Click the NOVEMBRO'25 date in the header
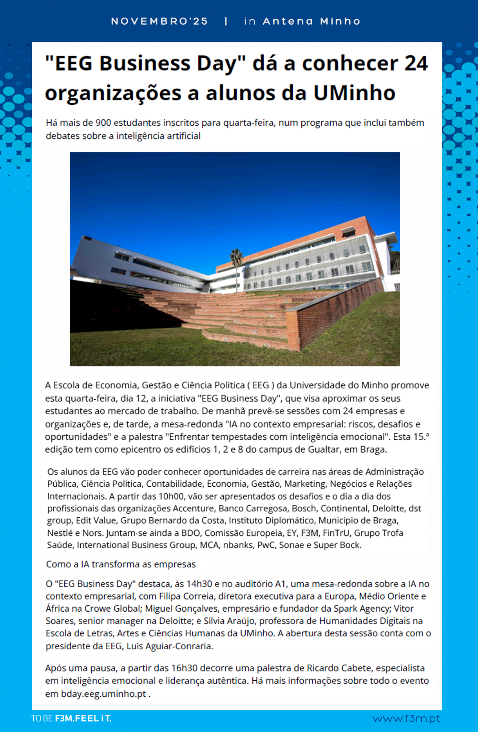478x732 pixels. pos(159,21)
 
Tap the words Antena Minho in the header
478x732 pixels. pos(311,21)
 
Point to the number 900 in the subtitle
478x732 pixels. pos(103,123)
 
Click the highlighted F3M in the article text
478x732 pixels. pos(310,533)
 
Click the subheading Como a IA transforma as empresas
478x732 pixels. pos(121,564)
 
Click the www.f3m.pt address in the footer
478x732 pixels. pos(406,719)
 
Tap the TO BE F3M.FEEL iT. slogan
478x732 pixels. pos(71,719)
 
